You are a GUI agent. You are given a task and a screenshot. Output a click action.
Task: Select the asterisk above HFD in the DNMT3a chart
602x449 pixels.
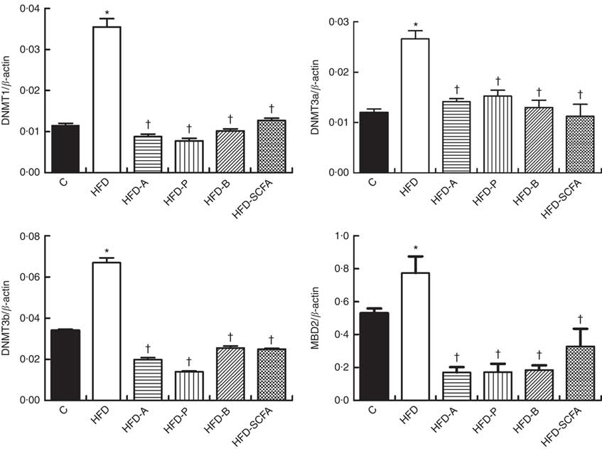click(415, 23)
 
